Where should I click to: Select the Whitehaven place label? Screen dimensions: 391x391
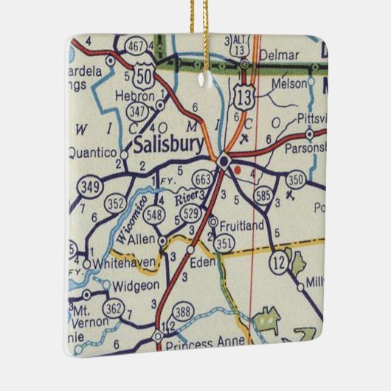tap(121, 262)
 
